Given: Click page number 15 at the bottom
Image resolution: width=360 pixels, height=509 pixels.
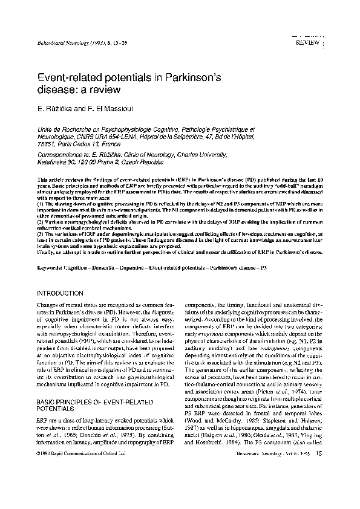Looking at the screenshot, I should click(x=319, y=470).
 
